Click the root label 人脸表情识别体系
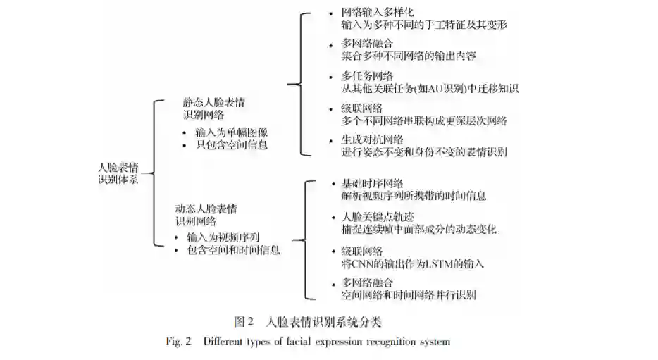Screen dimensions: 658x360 pyautogui.click(x=118, y=173)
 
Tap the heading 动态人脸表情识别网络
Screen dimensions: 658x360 pyautogui.click(x=206, y=214)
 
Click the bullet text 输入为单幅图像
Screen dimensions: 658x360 pyautogui.click(x=231, y=132)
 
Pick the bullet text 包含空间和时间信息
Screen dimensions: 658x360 pyautogui.click(x=233, y=250)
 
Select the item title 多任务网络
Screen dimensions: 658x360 pyautogui.click(x=367, y=76)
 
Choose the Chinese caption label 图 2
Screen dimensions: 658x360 pyautogui.click(x=243, y=323)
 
